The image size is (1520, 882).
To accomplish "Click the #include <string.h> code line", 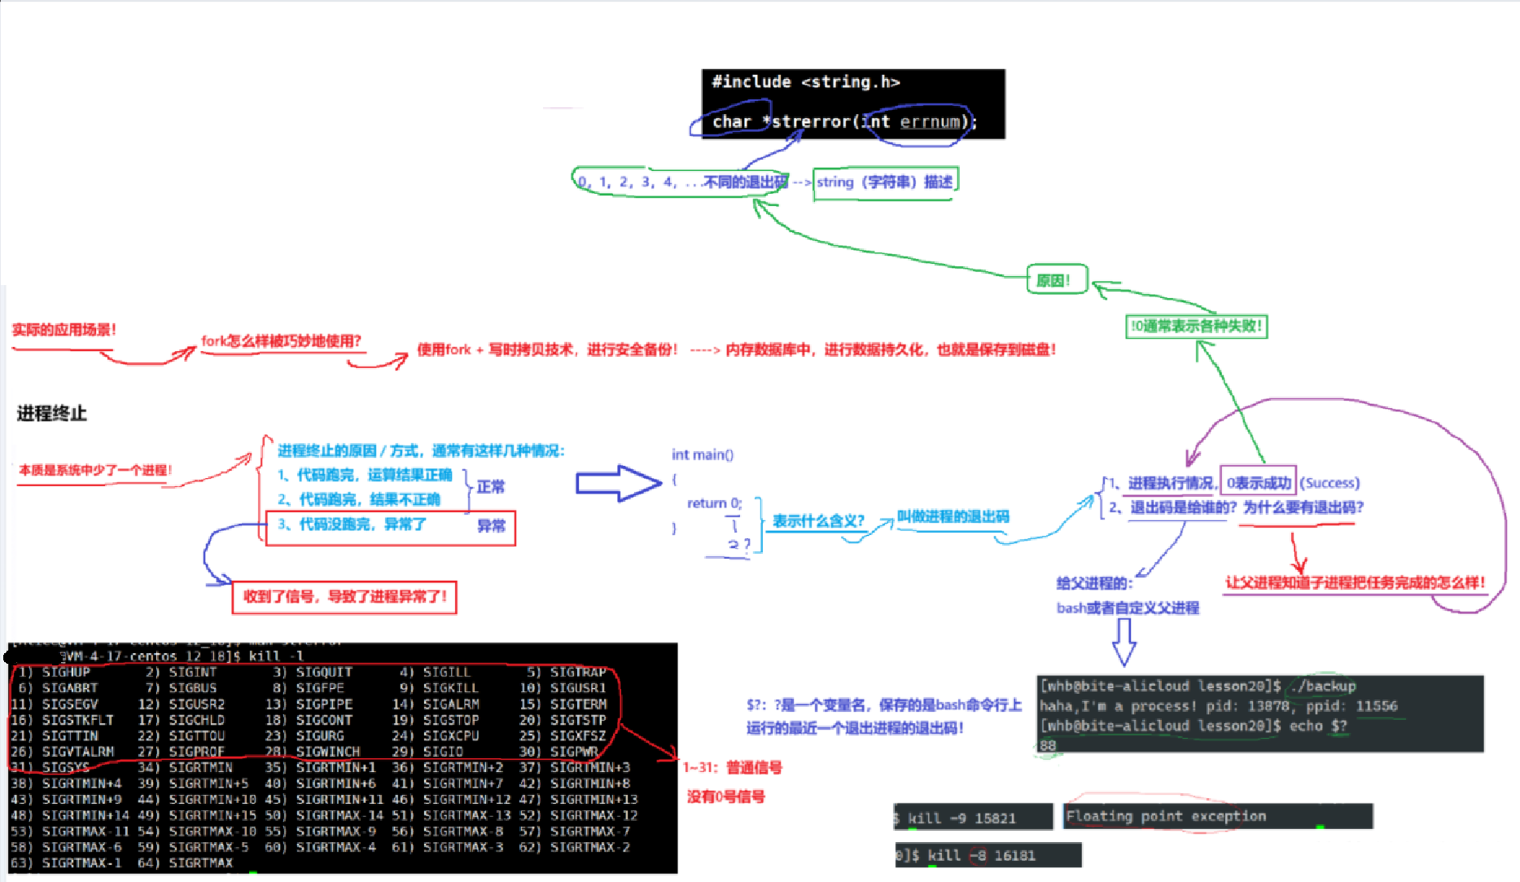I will click(805, 82).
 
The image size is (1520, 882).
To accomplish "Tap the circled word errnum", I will click(930, 122).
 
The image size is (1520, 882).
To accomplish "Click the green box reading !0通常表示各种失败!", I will click(1196, 327).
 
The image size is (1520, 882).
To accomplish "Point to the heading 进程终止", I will click(51, 414).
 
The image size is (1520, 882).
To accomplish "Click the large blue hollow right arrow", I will click(618, 483).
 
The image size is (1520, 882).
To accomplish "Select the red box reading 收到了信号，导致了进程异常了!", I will click(344, 597).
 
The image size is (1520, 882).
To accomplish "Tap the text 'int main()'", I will click(702, 454).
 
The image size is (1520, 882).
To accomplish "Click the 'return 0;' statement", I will click(714, 503).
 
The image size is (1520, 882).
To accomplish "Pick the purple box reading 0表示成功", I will click(1258, 483).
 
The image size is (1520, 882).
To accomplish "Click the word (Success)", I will click(1329, 483).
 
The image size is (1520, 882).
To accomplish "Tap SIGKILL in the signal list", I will click(450, 688).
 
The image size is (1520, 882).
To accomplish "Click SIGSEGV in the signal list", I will click(69, 704).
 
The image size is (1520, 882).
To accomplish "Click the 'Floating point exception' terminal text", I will click(1166, 816).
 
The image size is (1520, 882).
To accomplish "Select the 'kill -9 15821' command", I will click(961, 818).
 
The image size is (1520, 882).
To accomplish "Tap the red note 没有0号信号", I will click(725, 796).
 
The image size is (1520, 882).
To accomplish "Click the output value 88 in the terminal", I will click(1048, 745).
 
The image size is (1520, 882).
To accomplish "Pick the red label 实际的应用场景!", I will click(64, 330).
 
